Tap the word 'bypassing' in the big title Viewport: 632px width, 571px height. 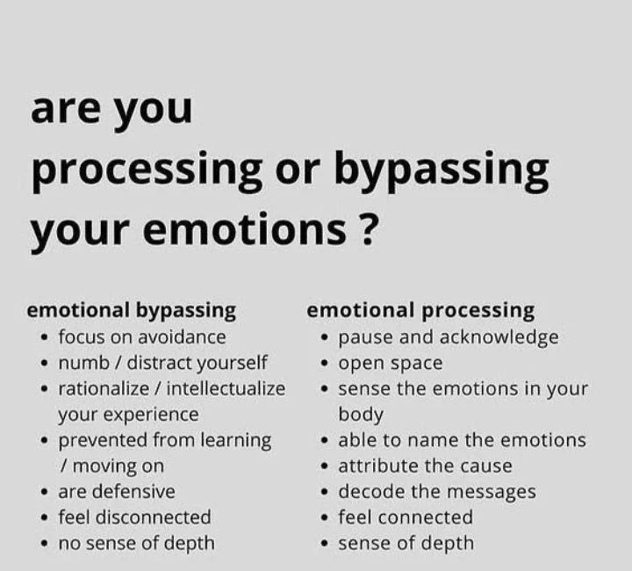coord(442,170)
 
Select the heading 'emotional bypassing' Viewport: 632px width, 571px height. coord(132,310)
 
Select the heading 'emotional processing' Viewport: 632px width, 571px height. coord(420,310)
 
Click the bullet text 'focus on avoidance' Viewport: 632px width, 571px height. coord(142,336)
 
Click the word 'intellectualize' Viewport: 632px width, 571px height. coord(226,388)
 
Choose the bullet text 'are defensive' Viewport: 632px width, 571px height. coord(117,491)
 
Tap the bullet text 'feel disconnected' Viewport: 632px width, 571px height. coord(134,517)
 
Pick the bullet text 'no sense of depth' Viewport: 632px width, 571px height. coord(136,543)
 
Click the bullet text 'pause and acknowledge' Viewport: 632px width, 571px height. coord(449,336)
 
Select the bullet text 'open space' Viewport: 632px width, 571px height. coord(391,363)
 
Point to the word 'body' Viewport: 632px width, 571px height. coord(361,414)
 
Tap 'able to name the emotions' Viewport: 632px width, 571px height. coord(462,440)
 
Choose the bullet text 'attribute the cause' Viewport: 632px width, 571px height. coord(425,466)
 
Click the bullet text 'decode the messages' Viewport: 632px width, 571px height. coord(437,491)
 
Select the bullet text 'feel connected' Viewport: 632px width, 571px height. coord(406,517)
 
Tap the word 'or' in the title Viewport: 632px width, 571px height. coord(298,170)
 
